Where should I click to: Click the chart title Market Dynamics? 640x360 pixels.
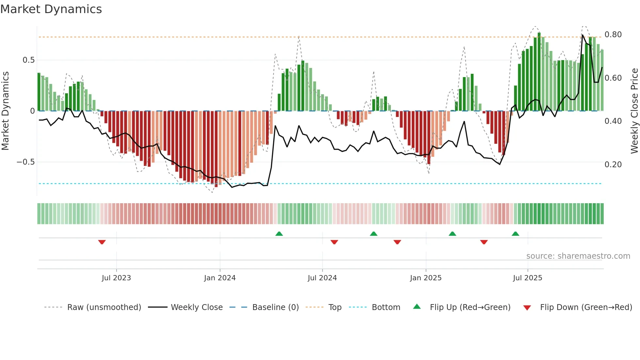[x=51, y=9]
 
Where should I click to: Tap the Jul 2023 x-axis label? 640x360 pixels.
[x=116, y=278]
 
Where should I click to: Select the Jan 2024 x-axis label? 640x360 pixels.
[x=220, y=278]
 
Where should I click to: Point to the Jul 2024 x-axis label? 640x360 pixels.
[x=322, y=278]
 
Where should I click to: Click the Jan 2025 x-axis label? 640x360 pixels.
[x=425, y=278]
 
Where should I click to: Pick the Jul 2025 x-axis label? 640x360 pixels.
[x=527, y=278]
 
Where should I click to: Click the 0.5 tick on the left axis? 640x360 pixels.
[x=28, y=60]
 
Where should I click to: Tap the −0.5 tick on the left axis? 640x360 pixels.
[x=25, y=162]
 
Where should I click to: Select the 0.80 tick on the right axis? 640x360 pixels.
[x=613, y=35]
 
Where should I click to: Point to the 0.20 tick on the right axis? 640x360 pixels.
[x=613, y=165]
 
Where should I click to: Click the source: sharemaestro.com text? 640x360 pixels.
[x=578, y=256]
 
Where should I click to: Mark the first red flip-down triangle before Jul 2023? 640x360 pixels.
[x=102, y=242]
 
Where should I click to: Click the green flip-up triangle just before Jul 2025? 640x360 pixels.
[x=515, y=234]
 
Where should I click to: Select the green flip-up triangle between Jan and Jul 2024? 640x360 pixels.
[x=279, y=234]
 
